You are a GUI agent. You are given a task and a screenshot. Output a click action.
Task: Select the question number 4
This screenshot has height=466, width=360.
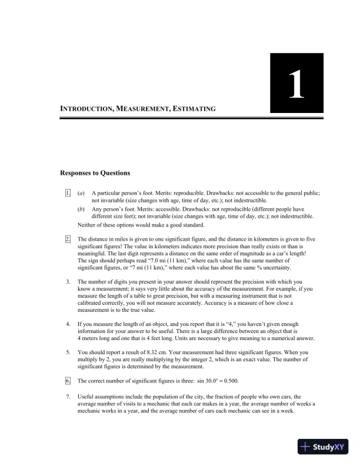click(x=68, y=324)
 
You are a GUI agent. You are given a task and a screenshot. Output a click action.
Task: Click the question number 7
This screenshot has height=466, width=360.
click(x=68, y=397)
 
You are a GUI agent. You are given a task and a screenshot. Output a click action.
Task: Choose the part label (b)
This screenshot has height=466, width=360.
click(x=81, y=209)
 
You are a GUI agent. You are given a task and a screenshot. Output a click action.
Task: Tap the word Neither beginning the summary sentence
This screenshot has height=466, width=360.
click(x=87, y=225)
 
